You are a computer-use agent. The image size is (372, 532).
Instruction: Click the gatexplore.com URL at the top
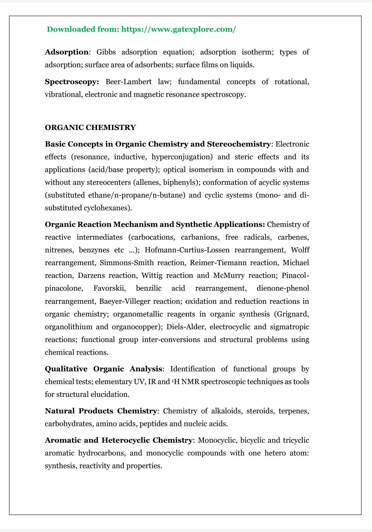(x=179, y=29)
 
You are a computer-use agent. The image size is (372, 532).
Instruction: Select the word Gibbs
(x=106, y=52)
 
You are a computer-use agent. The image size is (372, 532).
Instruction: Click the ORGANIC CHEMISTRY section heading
(x=90, y=128)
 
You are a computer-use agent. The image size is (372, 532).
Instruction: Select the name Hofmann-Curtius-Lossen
(x=187, y=250)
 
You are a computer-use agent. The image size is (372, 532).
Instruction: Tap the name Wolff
(x=300, y=250)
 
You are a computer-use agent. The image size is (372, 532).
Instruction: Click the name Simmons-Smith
(x=127, y=263)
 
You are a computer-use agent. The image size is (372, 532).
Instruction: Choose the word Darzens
(x=91, y=275)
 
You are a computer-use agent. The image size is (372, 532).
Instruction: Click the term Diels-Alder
(x=185, y=327)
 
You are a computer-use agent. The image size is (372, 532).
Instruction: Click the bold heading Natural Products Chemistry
(x=101, y=411)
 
